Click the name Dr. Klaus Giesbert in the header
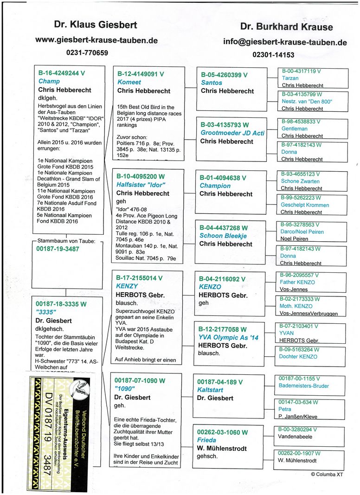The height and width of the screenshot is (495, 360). pos(89,25)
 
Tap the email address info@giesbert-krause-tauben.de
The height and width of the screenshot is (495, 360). pos(285,42)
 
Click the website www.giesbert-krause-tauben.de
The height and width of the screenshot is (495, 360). pos(96,40)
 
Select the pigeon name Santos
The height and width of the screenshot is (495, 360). pos(211,83)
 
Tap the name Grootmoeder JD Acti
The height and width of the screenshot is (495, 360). pos(232,133)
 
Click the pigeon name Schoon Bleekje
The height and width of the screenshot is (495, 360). pos(223,236)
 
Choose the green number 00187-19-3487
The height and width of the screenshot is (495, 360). pos(58,249)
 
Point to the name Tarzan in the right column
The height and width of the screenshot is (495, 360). pos(290,78)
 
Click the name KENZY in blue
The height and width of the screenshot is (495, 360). pos(128,287)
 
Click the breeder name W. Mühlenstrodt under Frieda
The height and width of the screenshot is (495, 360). pos(226,449)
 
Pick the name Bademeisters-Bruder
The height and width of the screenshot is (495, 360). pos(304,386)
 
